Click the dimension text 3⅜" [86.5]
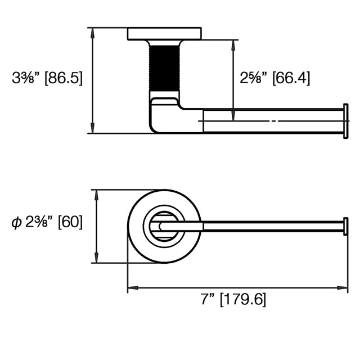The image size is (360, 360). tap(47, 78)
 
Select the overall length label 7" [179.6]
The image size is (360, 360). tap(233, 299)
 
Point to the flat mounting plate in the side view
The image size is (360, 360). tap(164, 33)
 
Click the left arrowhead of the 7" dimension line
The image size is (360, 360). tap(131, 288)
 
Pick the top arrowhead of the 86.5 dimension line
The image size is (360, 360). tap(92, 30)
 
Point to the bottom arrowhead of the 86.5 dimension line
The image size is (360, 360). tap(92, 130)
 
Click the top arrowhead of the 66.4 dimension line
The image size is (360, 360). tap(233, 43)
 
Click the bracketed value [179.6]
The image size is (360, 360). tap(243, 299)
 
